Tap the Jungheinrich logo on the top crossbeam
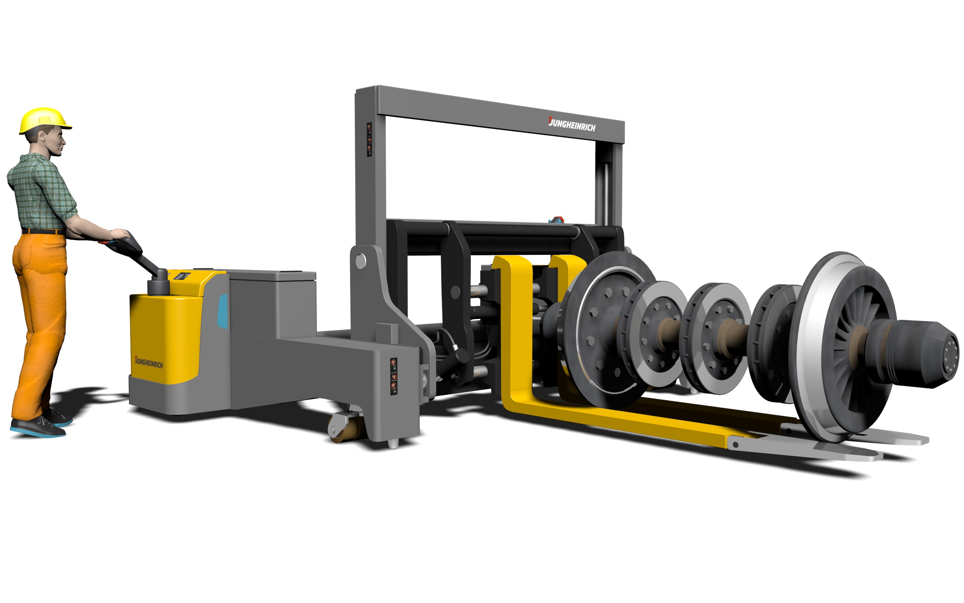[x=572, y=124]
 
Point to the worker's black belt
[x=43, y=231]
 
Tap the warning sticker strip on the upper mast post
[x=369, y=139]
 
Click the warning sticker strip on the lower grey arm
[x=394, y=376]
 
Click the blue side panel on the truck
[x=223, y=311]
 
